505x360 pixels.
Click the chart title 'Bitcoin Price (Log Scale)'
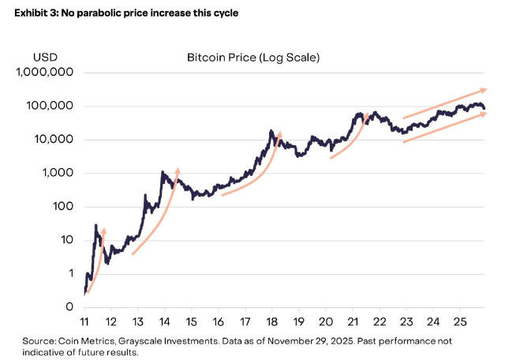(x=252, y=58)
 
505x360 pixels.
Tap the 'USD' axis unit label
(x=45, y=58)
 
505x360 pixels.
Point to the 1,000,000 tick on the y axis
(x=44, y=73)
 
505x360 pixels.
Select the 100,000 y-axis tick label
(x=50, y=107)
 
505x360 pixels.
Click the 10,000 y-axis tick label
(x=53, y=140)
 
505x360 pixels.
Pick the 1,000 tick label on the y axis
(x=57, y=174)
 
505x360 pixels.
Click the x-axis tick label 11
(x=84, y=322)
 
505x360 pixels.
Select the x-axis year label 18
(x=272, y=322)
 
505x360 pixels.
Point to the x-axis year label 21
(x=353, y=322)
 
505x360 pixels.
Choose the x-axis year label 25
(x=460, y=322)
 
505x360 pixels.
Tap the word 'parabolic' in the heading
(x=99, y=13)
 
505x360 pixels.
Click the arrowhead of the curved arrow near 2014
(x=178, y=169)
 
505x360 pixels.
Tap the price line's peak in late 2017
(x=271, y=131)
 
